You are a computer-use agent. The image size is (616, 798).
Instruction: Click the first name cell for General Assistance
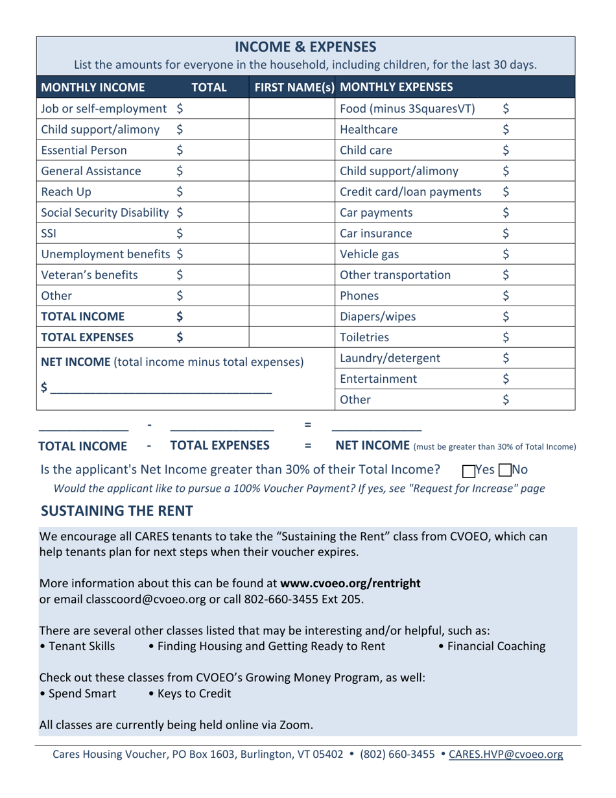[291, 165]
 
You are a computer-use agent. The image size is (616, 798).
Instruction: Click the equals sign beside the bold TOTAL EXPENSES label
[308, 446]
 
